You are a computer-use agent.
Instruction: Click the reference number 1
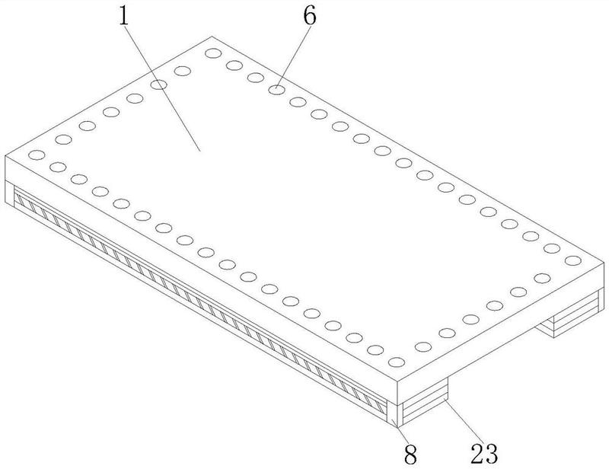(x=124, y=16)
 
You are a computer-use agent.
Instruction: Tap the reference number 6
(x=310, y=16)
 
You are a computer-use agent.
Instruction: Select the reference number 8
(x=410, y=454)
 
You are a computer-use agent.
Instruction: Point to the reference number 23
(x=484, y=453)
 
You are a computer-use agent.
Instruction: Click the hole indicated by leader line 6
(x=276, y=90)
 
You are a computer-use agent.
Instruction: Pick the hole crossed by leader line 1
(x=158, y=85)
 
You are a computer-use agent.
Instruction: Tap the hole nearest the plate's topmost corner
(x=213, y=53)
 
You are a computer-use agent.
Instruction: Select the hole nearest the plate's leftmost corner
(x=37, y=155)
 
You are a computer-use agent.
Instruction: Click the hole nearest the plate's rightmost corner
(x=573, y=260)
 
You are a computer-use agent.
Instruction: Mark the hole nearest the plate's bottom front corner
(x=397, y=362)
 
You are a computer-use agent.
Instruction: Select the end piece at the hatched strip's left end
(x=9, y=192)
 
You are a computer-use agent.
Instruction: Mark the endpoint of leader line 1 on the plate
(x=200, y=152)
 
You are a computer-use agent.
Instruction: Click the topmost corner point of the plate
(x=212, y=37)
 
